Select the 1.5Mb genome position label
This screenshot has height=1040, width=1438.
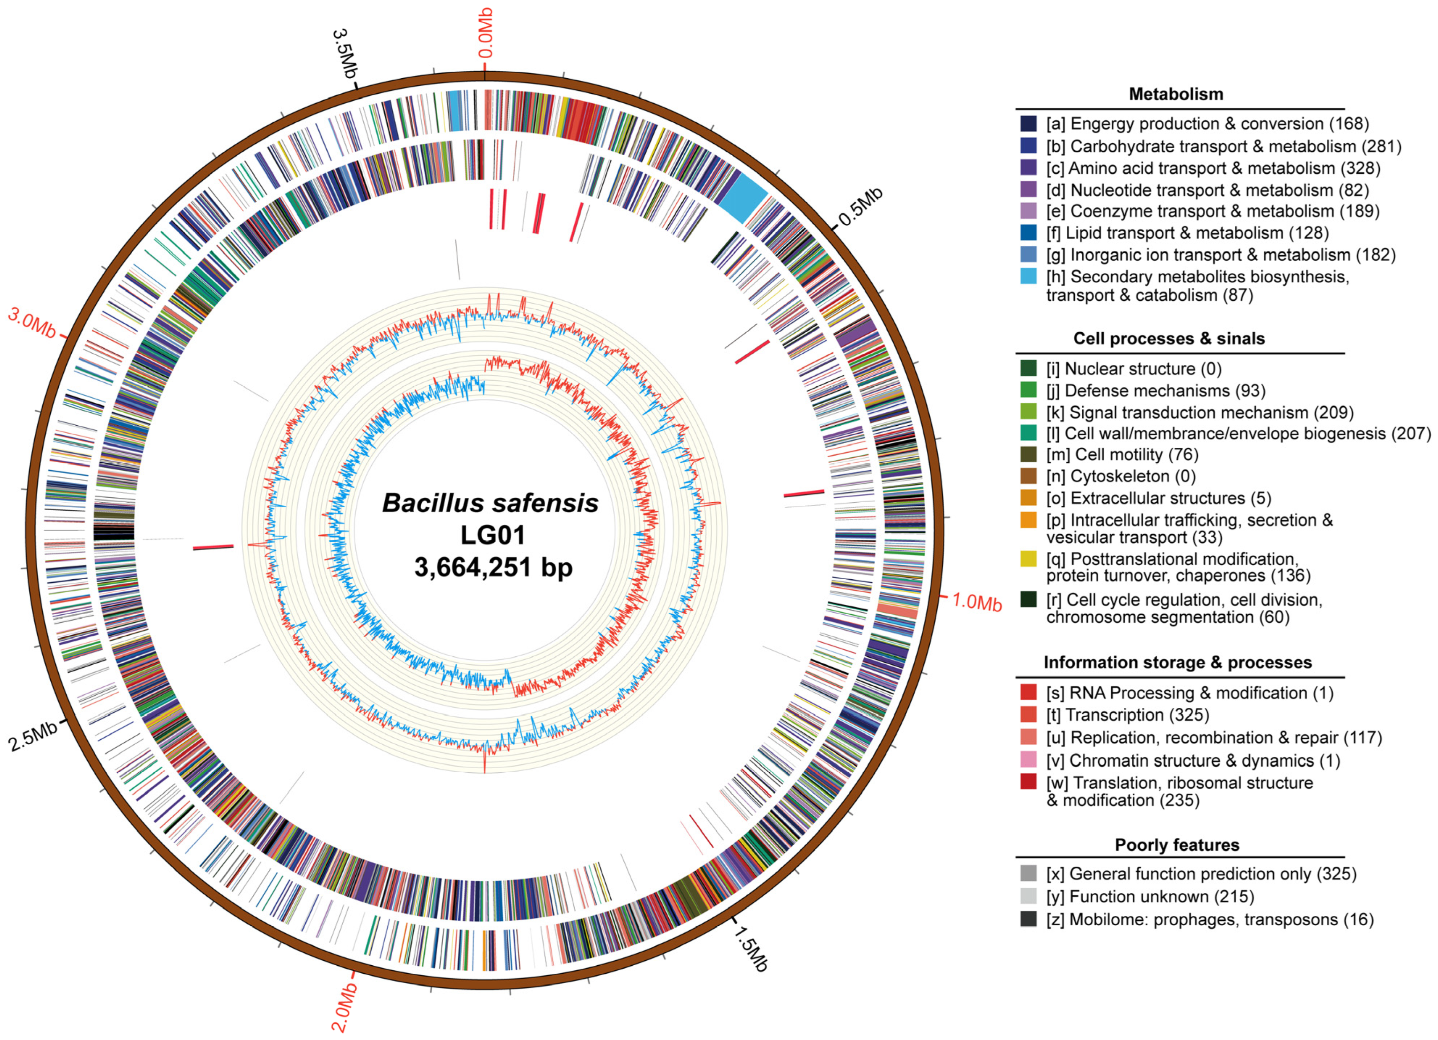point(751,949)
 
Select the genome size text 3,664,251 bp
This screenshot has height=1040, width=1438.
point(493,567)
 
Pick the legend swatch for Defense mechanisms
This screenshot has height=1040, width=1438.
point(1029,390)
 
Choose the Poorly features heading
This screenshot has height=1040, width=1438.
point(1177,845)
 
